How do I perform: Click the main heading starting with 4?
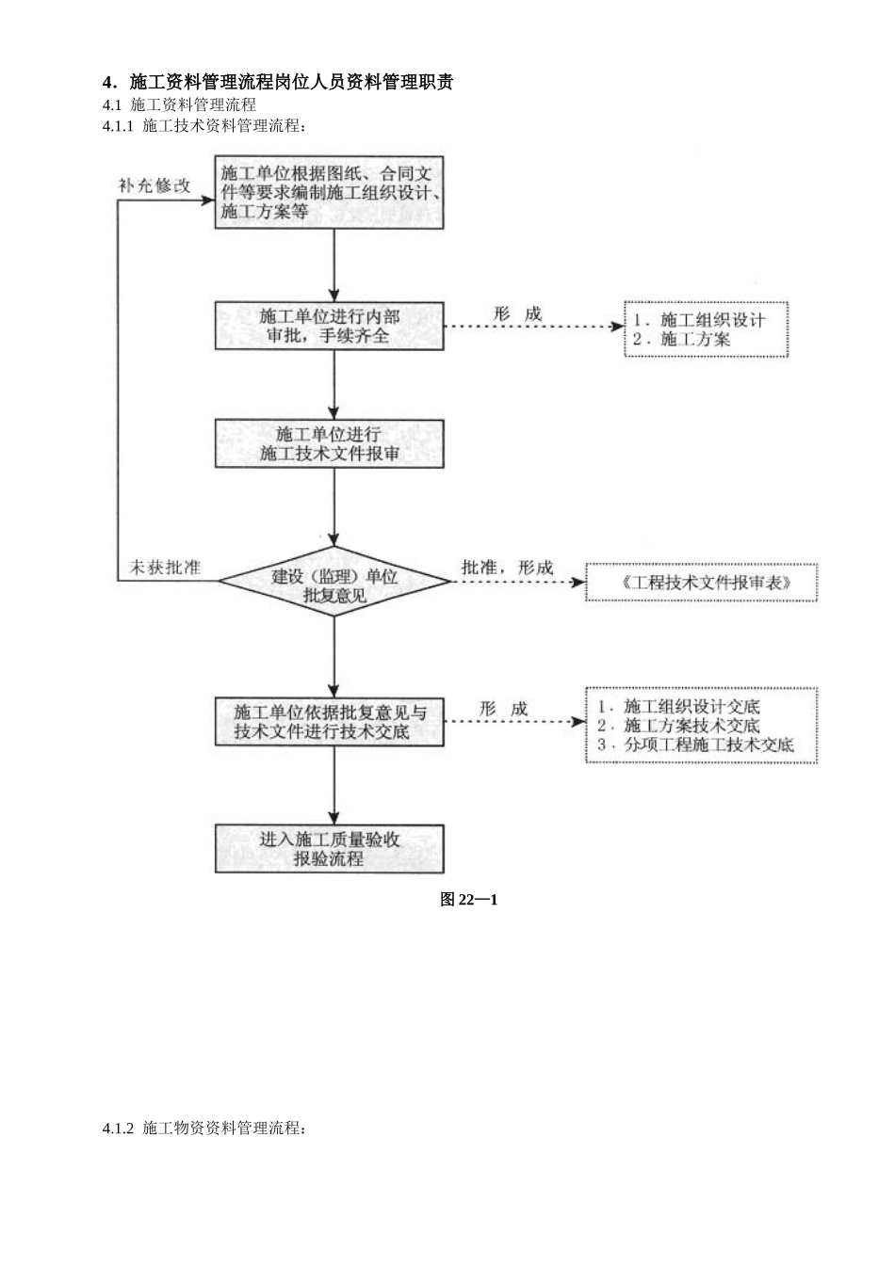point(278,83)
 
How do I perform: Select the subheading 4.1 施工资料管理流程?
point(179,104)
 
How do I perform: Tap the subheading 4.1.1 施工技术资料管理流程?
point(204,125)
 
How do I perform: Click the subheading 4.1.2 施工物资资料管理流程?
point(204,1128)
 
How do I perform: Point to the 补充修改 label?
point(154,185)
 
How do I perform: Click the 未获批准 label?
point(164,568)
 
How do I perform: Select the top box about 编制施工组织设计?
point(330,193)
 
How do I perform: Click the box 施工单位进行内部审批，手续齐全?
point(330,326)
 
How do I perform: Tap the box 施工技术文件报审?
point(330,443)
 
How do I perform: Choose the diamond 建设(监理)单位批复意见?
point(334,584)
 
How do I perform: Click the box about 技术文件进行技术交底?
point(330,722)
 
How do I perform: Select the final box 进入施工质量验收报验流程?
point(330,848)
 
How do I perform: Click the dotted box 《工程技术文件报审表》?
point(702,583)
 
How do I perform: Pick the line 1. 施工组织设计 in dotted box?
point(698,320)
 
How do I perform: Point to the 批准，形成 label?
point(507,568)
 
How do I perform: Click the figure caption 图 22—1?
point(468,900)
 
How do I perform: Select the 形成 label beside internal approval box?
point(517,314)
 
